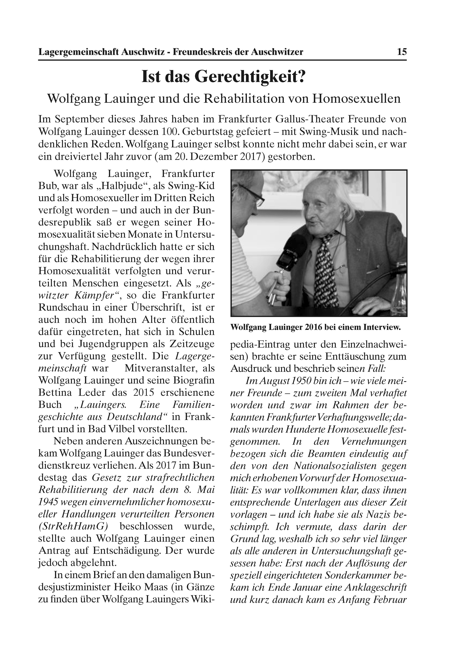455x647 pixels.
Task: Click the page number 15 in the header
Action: click(402, 52)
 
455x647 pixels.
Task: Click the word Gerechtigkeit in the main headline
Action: click(250, 77)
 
